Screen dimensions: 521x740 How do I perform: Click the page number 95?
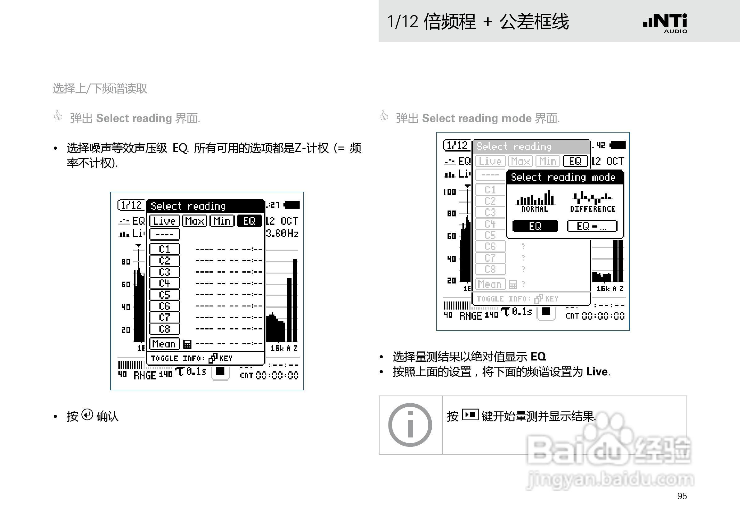(x=682, y=496)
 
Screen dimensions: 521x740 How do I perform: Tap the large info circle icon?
(x=410, y=425)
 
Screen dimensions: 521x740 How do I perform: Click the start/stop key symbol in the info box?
(x=470, y=415)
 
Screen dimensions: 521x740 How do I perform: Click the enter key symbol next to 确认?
(x=87, y=415)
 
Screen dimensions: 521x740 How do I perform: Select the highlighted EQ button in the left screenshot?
(x=249, y=221)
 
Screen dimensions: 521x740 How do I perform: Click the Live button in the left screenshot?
(x=164, y=221)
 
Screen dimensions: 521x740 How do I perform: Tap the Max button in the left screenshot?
(x=194, y=221)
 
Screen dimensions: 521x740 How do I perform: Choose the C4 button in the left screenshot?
(x=164, y=283)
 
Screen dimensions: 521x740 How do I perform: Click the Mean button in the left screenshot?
(x=164, y=344)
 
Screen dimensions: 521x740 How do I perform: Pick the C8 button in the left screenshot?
(x=164, y=329)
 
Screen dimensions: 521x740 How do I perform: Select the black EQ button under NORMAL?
(x=535, y=226)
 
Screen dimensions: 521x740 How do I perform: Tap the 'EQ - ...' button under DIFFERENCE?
(x=592, y=226)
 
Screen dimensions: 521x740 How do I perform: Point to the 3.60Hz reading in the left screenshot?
(x=282, y=233)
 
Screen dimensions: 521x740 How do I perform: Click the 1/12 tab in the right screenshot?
(x=457, y=145)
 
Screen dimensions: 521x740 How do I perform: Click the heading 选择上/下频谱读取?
(x=100, y=88)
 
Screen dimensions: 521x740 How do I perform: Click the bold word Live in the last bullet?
(x=597, y=372)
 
